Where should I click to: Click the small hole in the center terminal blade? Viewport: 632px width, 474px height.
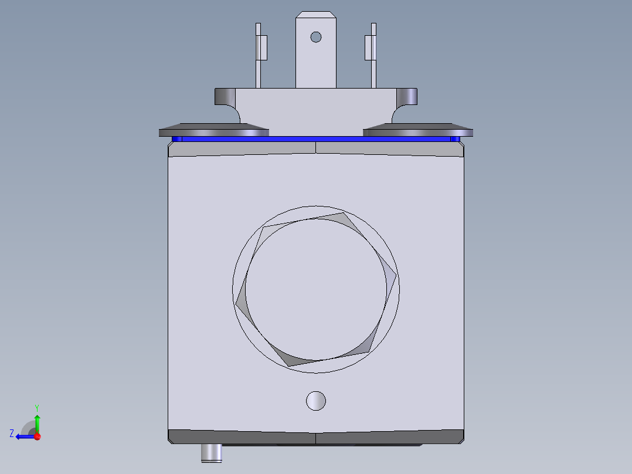316,37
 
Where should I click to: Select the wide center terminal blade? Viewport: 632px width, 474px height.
316,65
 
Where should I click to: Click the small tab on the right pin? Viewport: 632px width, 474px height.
369,48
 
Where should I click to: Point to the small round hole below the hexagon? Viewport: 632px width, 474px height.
316,401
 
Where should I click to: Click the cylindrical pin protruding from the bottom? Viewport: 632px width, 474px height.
211,452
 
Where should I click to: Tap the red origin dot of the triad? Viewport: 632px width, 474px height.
37,436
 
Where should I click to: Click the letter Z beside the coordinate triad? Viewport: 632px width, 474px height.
12,434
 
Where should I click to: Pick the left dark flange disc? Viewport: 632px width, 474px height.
213,130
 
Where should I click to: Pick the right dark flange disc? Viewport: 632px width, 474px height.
417,130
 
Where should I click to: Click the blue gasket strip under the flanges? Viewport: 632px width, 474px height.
316,139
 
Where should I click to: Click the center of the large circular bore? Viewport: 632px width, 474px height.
317,289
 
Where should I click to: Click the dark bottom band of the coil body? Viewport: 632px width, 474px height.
316,436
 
